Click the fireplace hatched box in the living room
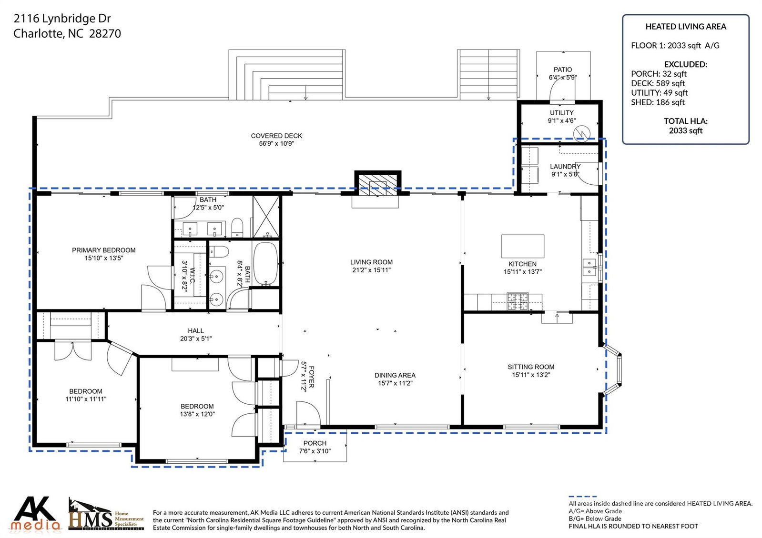point(377,185)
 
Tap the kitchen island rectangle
point(522,246)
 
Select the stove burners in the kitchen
point(518,301)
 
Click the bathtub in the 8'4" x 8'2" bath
point(266,263)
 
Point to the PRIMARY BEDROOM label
point(104,250)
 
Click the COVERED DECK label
point(276,136)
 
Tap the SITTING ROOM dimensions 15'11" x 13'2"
point(531,375)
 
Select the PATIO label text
point(563,70)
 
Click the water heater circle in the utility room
point(582,134)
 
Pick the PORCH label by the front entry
point(315,443)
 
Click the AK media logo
point(35,513)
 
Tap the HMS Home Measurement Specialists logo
point(106,514)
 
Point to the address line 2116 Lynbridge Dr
point(62,19)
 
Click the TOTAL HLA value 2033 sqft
point(685,130)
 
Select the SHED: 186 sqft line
point(658,102)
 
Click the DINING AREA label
point(395,375)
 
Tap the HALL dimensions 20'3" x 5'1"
point(196,339)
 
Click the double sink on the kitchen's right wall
point(589,267)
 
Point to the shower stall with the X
point(266,217)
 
